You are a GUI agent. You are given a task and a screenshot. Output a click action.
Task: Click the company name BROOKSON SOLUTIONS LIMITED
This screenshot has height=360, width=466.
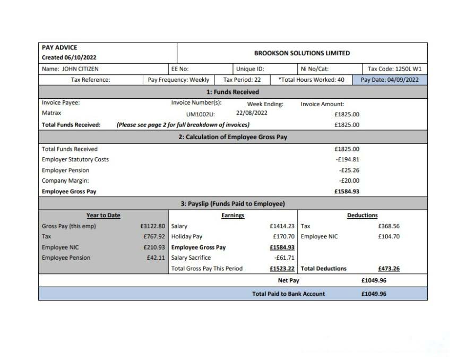pos(302,53)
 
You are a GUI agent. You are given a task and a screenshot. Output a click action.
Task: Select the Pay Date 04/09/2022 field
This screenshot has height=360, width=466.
pos(390,80)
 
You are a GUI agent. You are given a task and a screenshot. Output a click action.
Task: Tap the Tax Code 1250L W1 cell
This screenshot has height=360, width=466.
pos(394,68)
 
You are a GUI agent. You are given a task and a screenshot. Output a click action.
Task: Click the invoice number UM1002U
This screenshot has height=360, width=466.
pos(201,114)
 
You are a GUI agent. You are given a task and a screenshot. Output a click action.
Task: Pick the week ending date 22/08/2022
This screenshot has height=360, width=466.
pos(252,113)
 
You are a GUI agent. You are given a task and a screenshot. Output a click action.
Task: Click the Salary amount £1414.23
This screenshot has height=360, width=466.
pos(282,226)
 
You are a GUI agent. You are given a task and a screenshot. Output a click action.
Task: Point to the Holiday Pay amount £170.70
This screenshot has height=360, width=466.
pos(283,236)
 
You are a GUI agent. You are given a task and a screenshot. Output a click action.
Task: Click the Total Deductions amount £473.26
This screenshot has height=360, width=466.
pos(389,269)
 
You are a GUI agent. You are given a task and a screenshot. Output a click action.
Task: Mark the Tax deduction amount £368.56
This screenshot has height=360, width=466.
pos(389,226)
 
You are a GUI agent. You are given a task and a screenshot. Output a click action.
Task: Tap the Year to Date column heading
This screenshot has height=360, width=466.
pos(103,216)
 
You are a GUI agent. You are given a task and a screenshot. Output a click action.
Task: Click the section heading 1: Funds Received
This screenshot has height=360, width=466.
pos(233,92)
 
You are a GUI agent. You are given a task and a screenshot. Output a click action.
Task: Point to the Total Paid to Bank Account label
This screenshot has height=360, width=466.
pos(288,294)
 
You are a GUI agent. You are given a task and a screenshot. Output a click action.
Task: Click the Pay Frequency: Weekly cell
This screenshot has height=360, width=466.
pos(178,80)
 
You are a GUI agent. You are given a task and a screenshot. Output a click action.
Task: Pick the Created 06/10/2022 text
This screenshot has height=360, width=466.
pos(69,57)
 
